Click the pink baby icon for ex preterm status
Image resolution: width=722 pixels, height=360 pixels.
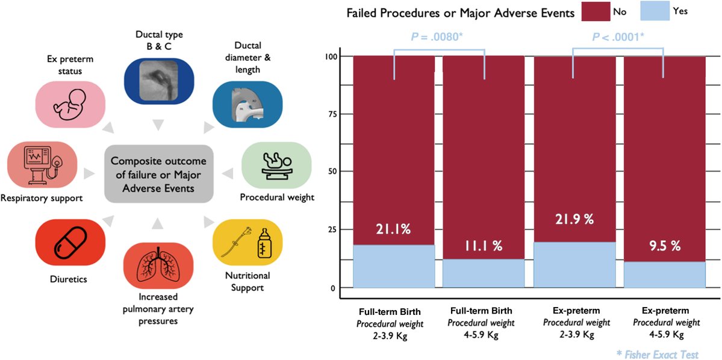point(71,104)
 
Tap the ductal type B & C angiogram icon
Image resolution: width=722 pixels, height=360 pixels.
point(159,80)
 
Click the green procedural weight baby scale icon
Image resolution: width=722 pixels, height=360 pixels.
point(276,165)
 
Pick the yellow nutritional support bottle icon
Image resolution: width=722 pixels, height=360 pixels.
point(248,243)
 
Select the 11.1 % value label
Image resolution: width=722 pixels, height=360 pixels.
point(483,246)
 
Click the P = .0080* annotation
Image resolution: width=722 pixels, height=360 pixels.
point(438,37)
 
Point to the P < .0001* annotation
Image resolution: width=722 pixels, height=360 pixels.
point(618,37)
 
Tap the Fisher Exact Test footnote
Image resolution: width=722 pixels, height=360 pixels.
point(658,355)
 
